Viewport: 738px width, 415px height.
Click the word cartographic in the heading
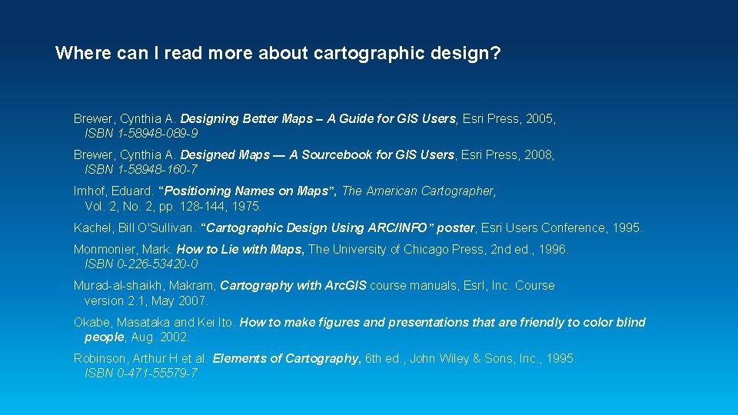357,54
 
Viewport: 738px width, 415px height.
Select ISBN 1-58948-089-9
141,133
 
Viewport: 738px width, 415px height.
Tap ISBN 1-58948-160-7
141,169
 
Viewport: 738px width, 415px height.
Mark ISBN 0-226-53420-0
141,264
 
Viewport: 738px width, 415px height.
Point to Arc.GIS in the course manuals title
344,286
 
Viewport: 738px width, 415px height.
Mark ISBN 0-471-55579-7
141,373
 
